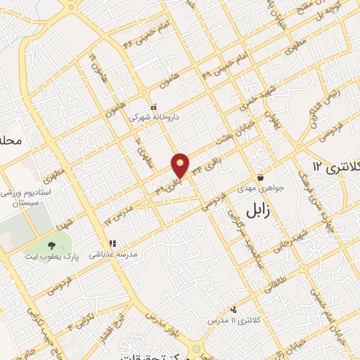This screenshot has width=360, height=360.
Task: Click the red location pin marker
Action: pyautogui.click(x=181, y=165)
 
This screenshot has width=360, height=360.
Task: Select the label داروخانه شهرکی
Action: pyautogui.click(x=153, y=118)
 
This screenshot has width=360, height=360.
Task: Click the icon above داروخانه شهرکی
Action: pyautogui.click(x=153, y=107)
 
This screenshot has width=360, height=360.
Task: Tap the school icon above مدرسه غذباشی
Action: pyautogui.click(x=112, y=244)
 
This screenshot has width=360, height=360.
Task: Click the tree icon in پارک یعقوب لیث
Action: pyautogui.click(x=52, y=245)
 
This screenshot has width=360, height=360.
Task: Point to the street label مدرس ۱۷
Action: pyautogui.click(x=119, y=215)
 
